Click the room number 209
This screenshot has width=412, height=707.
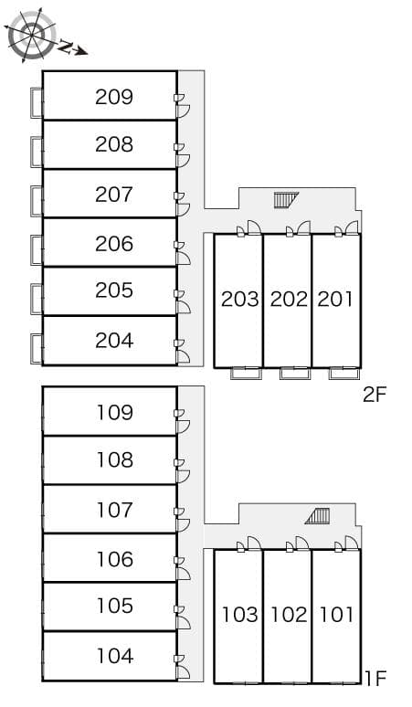pyautogui.click(x=114, y=96)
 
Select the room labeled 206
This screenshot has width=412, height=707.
pyautogui.click(x=114, y=243)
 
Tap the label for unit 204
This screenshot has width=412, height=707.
pyautogui.click(x=114, y=341)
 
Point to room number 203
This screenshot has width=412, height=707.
pyautogui.click(x=240, y=299)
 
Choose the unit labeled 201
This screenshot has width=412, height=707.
pyautogui.click(x=335, y=299)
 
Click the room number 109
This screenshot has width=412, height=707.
pyautogui.click(x=114, y=412)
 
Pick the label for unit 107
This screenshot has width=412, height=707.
pyautogui.click(x=114, y=510)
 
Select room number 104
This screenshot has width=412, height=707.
pyautogui.click(x=114, y=656)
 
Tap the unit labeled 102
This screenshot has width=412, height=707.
pyautogui.click(x=289, y=614)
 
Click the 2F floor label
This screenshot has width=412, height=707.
pyautogui.click(x=375, y=395)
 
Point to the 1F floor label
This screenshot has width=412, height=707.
pyautogui.click(x=375, y=678)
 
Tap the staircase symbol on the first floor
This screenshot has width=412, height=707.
pyautogui.click(x=318, y=516)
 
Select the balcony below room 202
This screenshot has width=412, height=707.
pyautogui.click(x=294, y=373)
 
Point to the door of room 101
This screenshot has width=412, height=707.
pyautogui.click(x=350, y=544)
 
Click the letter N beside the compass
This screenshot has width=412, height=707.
pyautogui.click(x=66, y=44)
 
